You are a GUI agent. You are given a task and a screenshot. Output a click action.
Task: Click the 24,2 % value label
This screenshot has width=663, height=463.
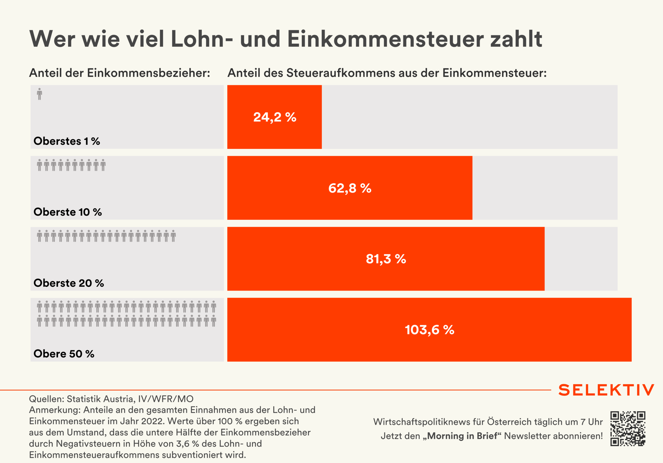pyautogui.click(x=275, y=117)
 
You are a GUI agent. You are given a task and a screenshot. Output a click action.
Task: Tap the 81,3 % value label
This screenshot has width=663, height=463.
pyautogui.click(x=386, y=259)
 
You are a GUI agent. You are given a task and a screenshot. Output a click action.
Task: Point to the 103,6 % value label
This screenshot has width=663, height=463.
pyautogui.click(x=429, y=330)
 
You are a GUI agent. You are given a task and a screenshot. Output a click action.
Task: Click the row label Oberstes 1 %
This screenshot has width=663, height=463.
pyautogui.click(x=67, y=141)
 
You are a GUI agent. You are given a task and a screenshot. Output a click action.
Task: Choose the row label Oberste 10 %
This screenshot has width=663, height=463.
pyautogui.click(x=68, y=212)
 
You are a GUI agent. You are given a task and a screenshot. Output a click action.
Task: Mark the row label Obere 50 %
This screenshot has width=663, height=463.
pyautogui.click(x=64, y=354)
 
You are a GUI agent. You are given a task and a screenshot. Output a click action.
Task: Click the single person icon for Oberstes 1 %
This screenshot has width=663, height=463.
pyautogui.click(x=40, y=94)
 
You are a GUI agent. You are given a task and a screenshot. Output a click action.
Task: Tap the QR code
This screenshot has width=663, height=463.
pyautogui.click(x=628, y=428)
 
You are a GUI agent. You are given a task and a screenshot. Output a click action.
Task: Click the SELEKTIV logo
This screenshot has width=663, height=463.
pyautogui.click(x=606, y=390)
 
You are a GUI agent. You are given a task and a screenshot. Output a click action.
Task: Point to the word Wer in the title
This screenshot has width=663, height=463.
pyautogui.click(x=52, y=39)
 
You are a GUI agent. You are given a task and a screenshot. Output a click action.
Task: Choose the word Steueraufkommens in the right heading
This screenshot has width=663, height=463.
pyautogui.click(x=341, y=73)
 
